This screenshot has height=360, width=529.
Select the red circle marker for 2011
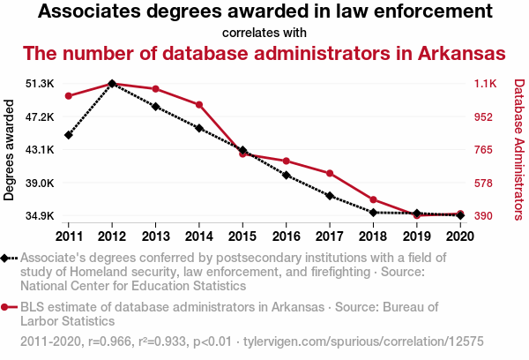[69, 96]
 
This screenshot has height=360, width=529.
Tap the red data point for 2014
[199, 105]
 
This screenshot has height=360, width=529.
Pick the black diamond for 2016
[286, 175]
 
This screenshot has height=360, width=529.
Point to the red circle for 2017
[329, 173]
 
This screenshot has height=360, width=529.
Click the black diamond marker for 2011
[69, 135]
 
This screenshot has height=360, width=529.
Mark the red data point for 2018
[373, 199]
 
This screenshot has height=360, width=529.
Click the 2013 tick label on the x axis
[155, 236]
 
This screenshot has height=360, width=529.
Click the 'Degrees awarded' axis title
[11, 150]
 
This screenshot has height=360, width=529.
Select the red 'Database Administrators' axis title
[518, 150]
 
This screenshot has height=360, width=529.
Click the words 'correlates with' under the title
[264, 33]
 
